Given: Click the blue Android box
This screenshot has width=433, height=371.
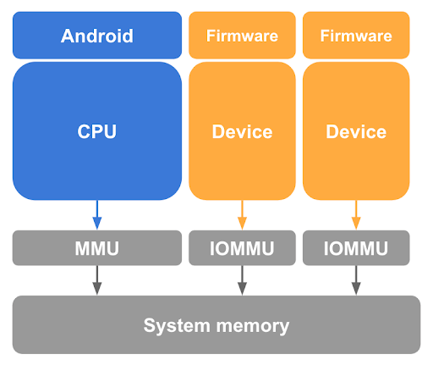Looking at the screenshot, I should click(97, 36).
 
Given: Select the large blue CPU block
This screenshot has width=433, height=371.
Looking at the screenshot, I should click(97, 131).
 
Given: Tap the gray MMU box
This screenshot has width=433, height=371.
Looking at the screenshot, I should click(97, 248).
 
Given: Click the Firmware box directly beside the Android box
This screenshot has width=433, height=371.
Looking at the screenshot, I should click(242, 36).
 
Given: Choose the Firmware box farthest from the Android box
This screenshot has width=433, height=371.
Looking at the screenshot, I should click(356, 36).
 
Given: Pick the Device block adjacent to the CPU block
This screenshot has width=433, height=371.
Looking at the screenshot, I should click(242, 131).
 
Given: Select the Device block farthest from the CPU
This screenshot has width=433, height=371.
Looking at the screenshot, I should click(356, 131).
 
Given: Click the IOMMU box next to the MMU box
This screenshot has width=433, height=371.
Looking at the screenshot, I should click(242, 248).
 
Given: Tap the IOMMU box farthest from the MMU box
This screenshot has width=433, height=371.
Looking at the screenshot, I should click(356, 248).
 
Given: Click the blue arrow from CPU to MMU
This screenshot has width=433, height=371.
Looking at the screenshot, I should click(97, 214).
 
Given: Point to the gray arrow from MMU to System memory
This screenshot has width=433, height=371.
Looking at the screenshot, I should click(97, 280).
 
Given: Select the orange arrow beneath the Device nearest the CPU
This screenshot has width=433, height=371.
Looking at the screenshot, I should click(242, 214).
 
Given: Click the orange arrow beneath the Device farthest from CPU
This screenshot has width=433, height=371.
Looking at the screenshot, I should click(356, 214).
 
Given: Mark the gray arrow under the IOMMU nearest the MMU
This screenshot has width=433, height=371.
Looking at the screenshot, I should click(242, 280).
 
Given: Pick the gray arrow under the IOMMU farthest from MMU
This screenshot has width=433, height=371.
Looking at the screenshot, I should click(356, 280).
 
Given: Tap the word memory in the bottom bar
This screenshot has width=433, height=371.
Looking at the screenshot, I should click(249, 325).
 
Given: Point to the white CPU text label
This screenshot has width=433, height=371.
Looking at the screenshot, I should click(97, 132).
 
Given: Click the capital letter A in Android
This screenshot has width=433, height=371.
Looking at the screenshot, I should click(68, 36).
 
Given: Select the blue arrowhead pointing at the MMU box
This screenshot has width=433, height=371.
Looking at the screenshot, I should click(97, 224).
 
